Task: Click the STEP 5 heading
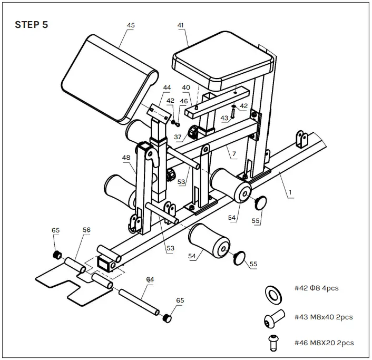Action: (x=31, y=25)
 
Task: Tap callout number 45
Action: (x=131, y=25)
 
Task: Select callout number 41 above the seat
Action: (x=181, y=25)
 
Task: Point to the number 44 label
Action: (x=167, y=87)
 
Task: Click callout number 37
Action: (x=178, y=138)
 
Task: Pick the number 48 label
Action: (x=126, y=157)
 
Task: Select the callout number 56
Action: (x=86, y=230)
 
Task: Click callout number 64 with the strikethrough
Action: (x=150, y=279)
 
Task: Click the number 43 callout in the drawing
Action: (x=225, y=118)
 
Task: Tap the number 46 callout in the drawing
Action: (x=183, y=100)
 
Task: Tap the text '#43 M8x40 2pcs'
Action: (x=324, y=317)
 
